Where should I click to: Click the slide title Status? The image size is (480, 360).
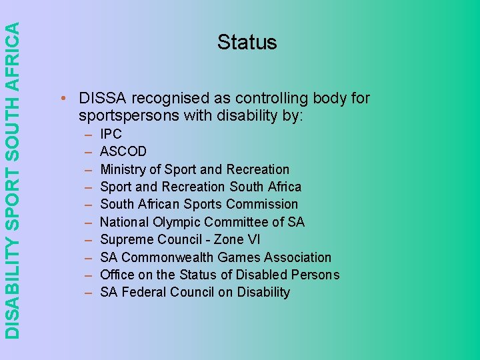pos(247,42)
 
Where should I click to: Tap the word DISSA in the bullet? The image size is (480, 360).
pos(103,99)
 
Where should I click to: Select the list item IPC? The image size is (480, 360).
pos(111,134)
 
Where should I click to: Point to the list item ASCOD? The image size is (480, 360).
pos(123,151)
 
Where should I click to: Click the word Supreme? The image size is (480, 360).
pos(125,239)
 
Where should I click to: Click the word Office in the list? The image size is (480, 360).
pos(117,275)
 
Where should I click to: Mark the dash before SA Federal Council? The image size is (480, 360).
pos(89,292)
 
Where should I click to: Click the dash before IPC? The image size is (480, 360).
pos(89,134)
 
